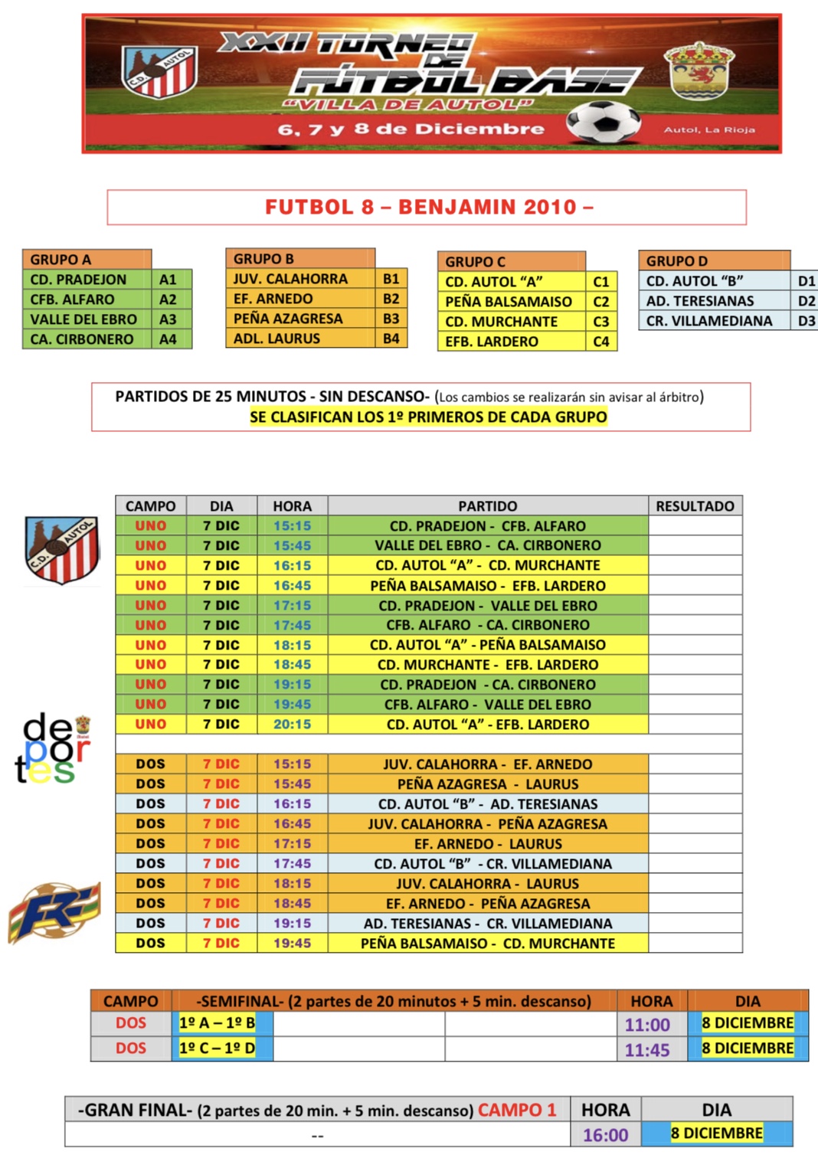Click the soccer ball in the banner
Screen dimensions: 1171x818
pos(604,123)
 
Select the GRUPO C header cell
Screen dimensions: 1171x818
pos(511,261)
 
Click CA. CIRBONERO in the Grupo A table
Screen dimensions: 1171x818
pos(82,339)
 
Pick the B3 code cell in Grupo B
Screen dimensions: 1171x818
pos(391,318)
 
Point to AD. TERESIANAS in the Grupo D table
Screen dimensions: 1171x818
pos(700,301)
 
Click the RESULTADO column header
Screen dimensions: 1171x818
pos(695,505)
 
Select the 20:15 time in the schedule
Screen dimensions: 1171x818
pos(292,724)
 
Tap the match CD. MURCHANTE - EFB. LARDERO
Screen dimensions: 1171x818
pos(488,664)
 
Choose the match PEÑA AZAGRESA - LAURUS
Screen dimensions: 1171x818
pos(488,783)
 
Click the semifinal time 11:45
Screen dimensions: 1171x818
pos(647,1049)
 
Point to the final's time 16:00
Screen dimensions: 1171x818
pos(605,1135)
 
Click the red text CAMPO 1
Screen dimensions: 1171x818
pos(517,1110)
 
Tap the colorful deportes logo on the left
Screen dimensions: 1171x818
pos(52,749)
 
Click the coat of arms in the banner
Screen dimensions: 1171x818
pos(698,70)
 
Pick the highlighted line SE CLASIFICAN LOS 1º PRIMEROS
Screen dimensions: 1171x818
pos(428,417)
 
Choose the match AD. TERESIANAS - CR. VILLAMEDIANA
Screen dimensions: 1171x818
pos(488,923)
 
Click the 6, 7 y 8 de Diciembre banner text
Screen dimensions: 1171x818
pos(411,129)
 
